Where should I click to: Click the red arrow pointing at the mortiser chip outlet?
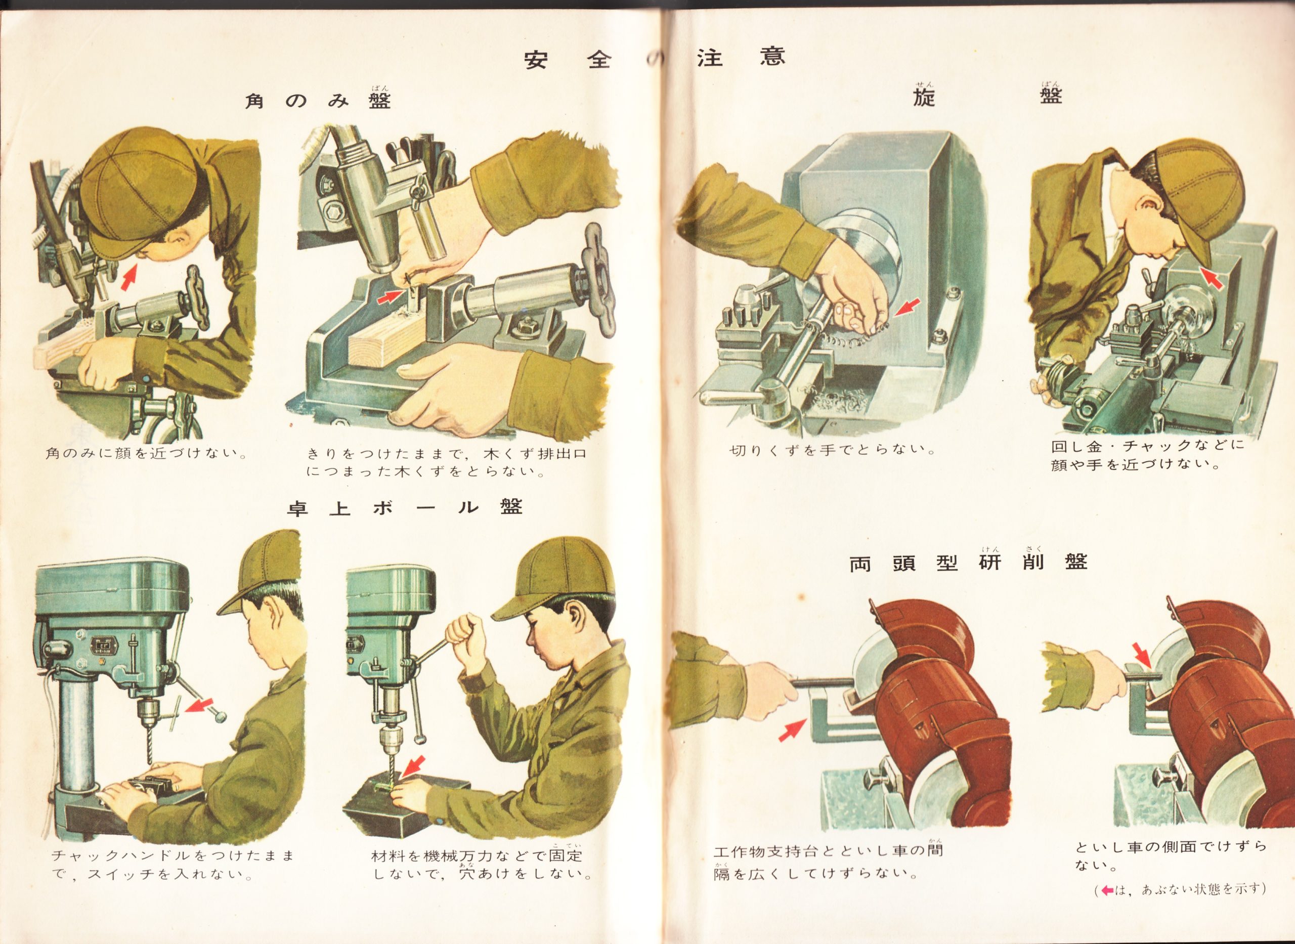(390, 296)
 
